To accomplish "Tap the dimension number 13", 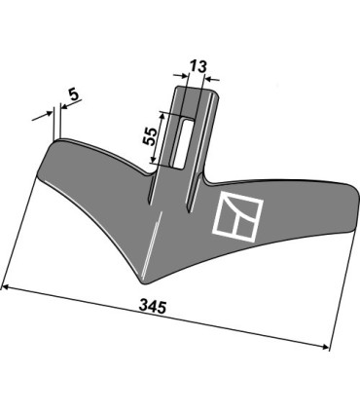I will [x=198, y=67].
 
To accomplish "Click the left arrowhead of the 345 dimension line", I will [x=6, y=287].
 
